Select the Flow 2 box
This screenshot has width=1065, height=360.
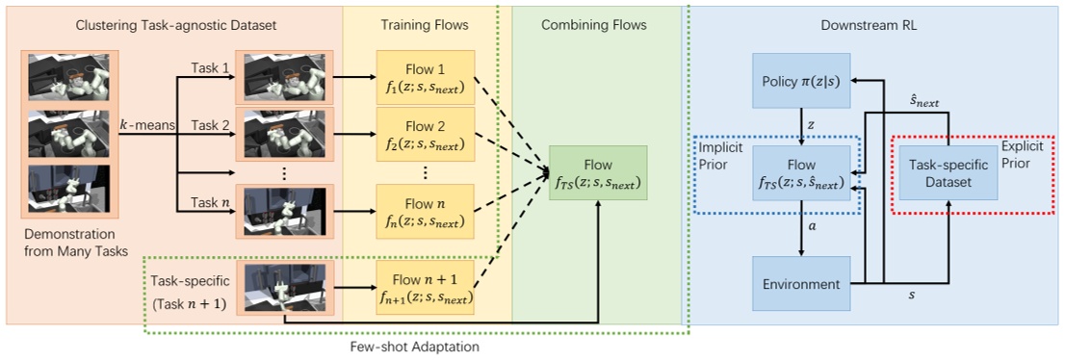[426, 135]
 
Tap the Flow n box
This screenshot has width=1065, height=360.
[426, 213]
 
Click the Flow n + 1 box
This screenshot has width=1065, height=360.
[426, 288]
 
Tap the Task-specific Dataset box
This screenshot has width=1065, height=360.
[948, 173]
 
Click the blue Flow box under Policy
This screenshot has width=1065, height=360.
[801, 173]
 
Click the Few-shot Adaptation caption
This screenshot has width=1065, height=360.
[417, 346]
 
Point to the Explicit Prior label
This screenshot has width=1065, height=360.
[1032, 157]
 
